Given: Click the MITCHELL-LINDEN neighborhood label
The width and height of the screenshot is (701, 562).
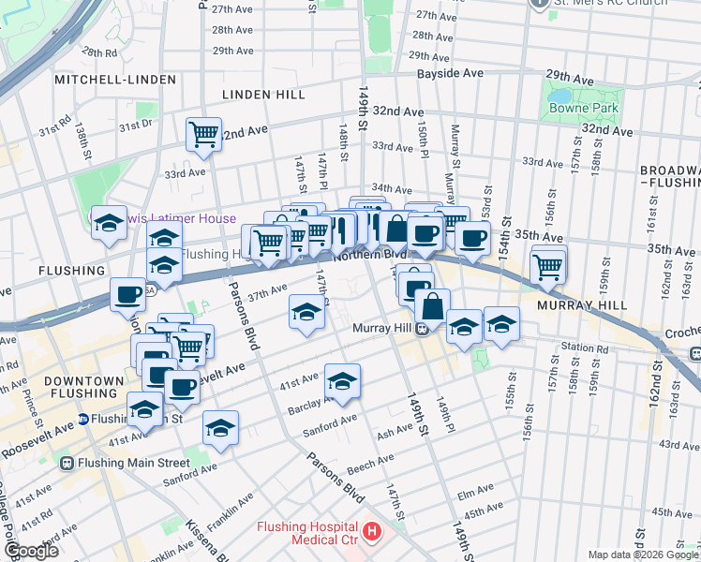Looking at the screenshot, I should point(114,81).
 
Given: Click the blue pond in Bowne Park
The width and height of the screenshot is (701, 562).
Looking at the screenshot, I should point(559,97).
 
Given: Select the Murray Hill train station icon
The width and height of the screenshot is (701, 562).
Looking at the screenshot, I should point(423,328).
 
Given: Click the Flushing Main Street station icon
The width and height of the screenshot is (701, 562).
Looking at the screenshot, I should point(67,462).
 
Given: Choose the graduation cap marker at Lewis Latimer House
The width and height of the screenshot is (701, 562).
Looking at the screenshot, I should point(109,223).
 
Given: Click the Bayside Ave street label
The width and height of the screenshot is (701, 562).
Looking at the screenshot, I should point(450,73).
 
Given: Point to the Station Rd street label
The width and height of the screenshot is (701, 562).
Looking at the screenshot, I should point(586,348).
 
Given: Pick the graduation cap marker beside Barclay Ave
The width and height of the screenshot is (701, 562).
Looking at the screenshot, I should point(342,380).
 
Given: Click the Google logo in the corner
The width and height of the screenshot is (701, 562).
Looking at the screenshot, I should point(30,551).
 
